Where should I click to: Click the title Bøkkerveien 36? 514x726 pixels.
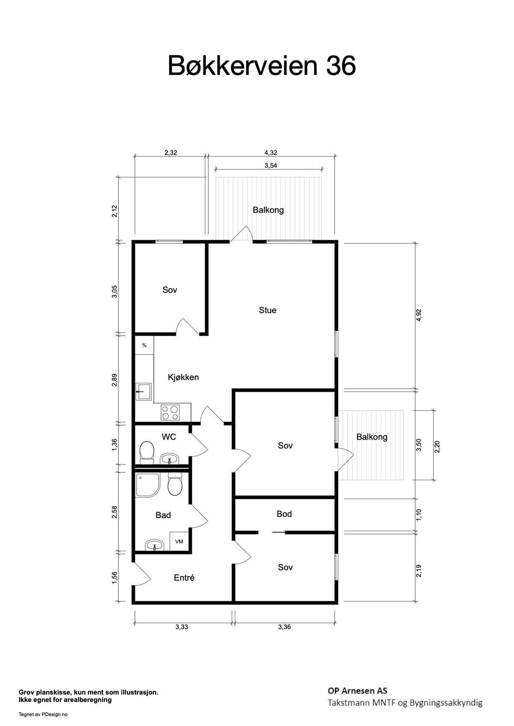261,66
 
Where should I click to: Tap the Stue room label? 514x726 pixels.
267,310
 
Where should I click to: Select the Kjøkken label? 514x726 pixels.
183,377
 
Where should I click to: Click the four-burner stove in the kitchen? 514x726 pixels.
170,413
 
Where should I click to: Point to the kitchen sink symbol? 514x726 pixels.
143,391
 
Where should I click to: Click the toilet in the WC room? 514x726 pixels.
147,452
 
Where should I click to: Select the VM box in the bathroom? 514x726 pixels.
179,542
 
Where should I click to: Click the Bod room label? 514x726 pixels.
284,514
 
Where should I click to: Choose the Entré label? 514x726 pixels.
184,577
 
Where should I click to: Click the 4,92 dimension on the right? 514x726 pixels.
419,315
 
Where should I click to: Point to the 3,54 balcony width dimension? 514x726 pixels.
270,166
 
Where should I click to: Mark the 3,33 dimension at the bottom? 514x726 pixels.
182,627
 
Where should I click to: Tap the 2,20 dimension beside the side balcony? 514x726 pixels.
437,446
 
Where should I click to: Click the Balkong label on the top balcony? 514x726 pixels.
268,210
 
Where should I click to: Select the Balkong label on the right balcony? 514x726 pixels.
372,437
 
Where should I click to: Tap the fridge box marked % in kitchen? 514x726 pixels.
144,345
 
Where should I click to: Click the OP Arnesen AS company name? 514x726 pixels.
357,690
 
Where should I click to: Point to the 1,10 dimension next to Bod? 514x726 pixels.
419,514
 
